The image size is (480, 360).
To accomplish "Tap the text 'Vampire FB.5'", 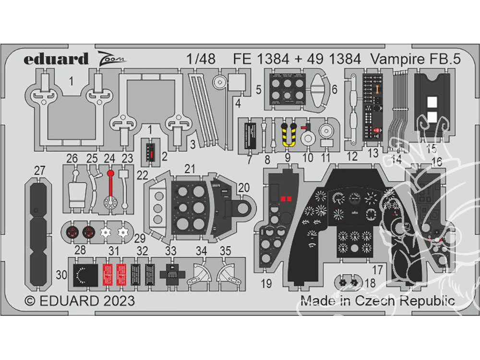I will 415,59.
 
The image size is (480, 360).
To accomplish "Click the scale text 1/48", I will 200,59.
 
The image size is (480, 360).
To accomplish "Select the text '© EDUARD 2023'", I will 80,301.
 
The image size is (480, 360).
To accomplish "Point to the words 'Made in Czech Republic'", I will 377,301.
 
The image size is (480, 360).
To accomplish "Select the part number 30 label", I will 61,275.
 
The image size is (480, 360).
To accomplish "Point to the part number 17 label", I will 377,270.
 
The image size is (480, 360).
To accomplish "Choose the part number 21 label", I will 191,168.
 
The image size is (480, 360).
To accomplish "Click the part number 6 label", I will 335,89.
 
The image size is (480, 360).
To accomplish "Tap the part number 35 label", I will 225,251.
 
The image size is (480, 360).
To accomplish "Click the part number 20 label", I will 244,188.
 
